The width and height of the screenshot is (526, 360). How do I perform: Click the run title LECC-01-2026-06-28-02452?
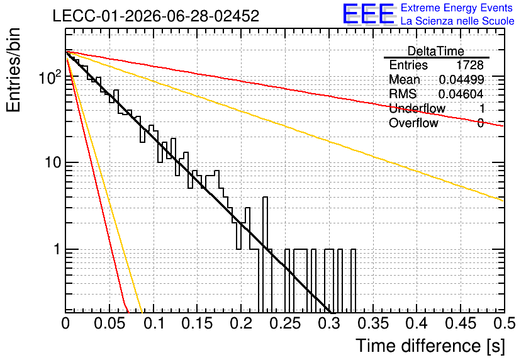[x=156, y=16]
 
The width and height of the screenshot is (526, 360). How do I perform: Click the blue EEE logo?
[x=368, y=14]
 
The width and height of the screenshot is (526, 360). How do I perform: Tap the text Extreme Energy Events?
[x=457, y=8]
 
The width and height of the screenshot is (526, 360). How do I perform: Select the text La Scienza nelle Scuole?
[x=457, y=21]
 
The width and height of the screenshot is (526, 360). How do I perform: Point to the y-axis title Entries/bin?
[x=13, y=70]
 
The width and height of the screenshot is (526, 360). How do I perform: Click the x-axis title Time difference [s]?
[x=430, y=346]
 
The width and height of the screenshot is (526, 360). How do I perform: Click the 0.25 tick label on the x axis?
[x=286, y=323]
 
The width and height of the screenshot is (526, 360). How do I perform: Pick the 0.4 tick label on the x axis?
[x=417, y=323]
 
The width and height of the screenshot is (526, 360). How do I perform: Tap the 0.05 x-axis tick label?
[x=109, y=323]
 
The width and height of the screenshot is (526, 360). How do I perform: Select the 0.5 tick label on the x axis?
[x=504, y=323]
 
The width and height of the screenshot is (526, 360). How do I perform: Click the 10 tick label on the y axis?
[x=53, y=163]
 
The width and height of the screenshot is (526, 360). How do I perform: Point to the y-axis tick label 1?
[x=57, y=250]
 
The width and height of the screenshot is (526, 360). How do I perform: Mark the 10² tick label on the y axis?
[x=50, y=77]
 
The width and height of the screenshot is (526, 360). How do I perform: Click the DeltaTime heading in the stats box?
[x=436, y=52]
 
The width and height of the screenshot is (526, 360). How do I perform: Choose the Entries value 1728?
[x=469, y=65]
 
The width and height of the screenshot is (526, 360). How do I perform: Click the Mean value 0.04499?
[x=461, y=80]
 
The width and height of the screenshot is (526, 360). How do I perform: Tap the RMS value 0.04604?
[x=461, y=94]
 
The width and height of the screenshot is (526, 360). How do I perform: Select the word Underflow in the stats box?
[x=417, y=109]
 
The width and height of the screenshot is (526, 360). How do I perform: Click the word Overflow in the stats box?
[x=413, y=123]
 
